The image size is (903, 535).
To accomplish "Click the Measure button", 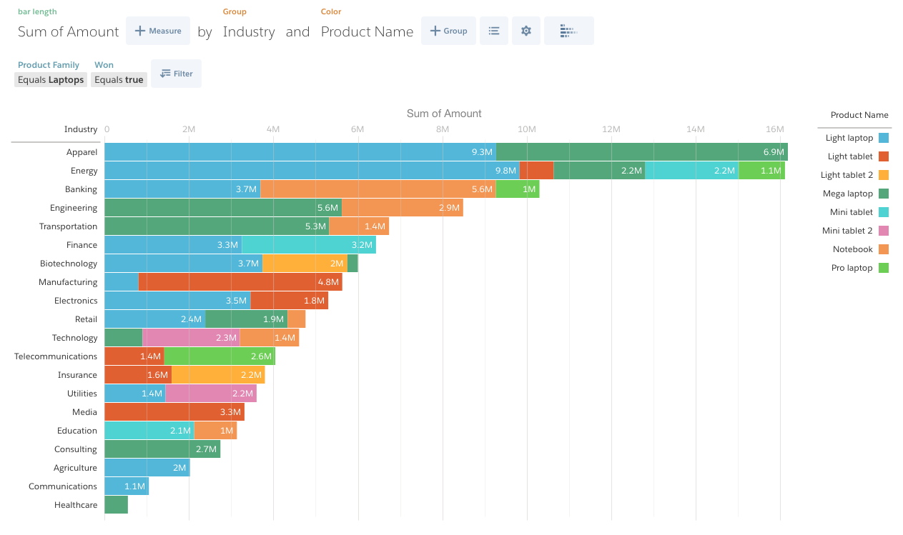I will click(x=158, y=31).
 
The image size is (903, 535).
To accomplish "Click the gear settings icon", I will click(x=526, y=31).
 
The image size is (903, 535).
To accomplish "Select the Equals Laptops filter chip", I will click(x=51, y=80).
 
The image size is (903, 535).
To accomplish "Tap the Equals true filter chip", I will click(x=119, y=80).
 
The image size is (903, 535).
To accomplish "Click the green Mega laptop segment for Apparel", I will click(x=641, y=152).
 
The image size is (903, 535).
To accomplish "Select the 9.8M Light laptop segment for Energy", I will click(x=312, y=171).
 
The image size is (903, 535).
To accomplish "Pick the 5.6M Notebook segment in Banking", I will click(x=378, y=189).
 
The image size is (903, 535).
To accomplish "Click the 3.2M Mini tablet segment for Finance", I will click(x=309, y=245).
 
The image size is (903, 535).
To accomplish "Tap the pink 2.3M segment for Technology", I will click(x=192, y=338).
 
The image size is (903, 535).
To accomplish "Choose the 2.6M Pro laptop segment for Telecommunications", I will click(x=219, y=356).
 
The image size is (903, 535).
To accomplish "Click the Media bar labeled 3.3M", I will click(x=174, y=412).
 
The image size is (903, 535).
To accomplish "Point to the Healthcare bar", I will click(x=116, y=505).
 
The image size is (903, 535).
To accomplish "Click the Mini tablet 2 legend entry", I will click(x=854, y=231).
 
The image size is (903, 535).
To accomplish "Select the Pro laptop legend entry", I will click(x=857, y=268).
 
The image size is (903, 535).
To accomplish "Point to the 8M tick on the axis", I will click(x=443, y=129).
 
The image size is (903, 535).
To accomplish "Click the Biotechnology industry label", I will click(x=69, y=264).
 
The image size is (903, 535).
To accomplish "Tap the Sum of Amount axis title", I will click(x=444, y=114).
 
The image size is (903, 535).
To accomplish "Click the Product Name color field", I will click(x=367, y=32).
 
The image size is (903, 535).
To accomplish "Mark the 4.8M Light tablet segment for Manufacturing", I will click(x=240, y=282).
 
